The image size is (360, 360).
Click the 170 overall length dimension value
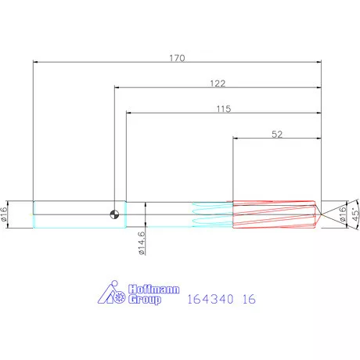(x=177, y=57)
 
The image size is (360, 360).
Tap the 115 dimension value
(x=223, y=110)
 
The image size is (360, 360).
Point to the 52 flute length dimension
(x=276, y=135)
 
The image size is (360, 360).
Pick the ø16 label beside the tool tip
(x=342, y=214)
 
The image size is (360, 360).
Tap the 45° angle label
(x=355, y=214)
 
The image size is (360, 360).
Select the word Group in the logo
(x=143, y=300)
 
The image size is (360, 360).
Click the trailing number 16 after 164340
(x=250, y=299)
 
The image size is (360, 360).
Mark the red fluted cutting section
(x=274, y=214)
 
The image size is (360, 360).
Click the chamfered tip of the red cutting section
(x=318, y=214)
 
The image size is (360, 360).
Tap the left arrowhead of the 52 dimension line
(x=236, y=139)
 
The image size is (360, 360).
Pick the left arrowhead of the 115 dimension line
(x=129, y=113)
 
